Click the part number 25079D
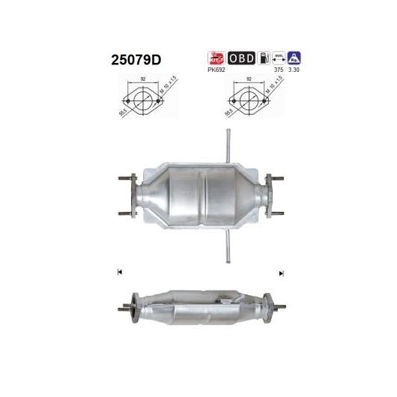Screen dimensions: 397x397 (125, 59)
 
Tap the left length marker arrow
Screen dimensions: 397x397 (118, 271)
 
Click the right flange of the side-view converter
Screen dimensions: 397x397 (270, 306)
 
